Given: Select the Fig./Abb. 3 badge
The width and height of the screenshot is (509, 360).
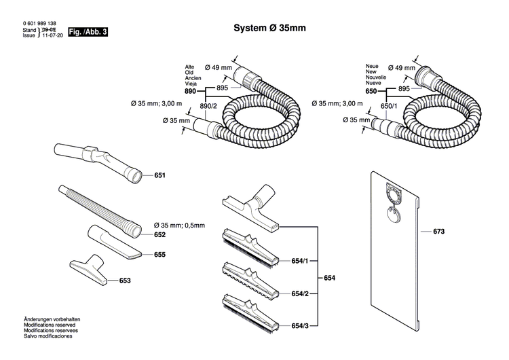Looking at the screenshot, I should pos(89,32).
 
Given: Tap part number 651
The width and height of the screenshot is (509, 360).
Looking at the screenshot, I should pos(160,176).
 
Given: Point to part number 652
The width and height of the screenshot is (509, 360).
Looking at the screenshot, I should pos(160,234).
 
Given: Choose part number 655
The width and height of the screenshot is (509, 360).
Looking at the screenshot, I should pos(160,255).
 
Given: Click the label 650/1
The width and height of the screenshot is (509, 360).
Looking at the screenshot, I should pos(388,106).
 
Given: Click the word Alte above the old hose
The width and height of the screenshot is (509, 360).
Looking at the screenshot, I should pos(190,67).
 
